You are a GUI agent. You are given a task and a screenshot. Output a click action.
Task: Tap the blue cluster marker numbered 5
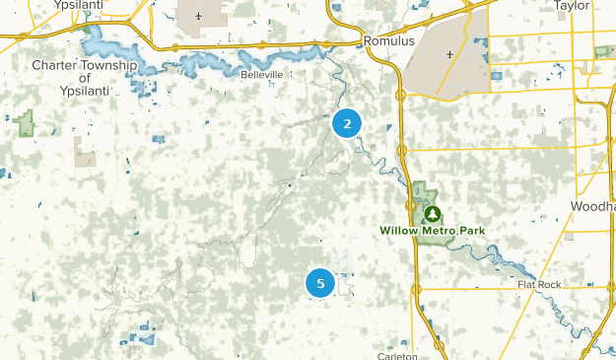320,283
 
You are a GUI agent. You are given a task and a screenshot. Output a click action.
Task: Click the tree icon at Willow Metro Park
431,212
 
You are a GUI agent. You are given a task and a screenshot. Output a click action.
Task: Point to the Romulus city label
385,42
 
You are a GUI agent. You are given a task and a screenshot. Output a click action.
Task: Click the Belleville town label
261,74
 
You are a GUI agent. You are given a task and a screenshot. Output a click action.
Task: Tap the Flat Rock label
539,285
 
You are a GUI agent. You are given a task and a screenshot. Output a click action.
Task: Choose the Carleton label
397,355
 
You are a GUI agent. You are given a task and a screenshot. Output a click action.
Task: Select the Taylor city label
572,5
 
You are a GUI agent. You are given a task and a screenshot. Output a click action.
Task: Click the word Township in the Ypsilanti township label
107,65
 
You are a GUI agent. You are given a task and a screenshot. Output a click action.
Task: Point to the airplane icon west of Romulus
199,16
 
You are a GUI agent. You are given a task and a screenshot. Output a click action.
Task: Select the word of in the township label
85,78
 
